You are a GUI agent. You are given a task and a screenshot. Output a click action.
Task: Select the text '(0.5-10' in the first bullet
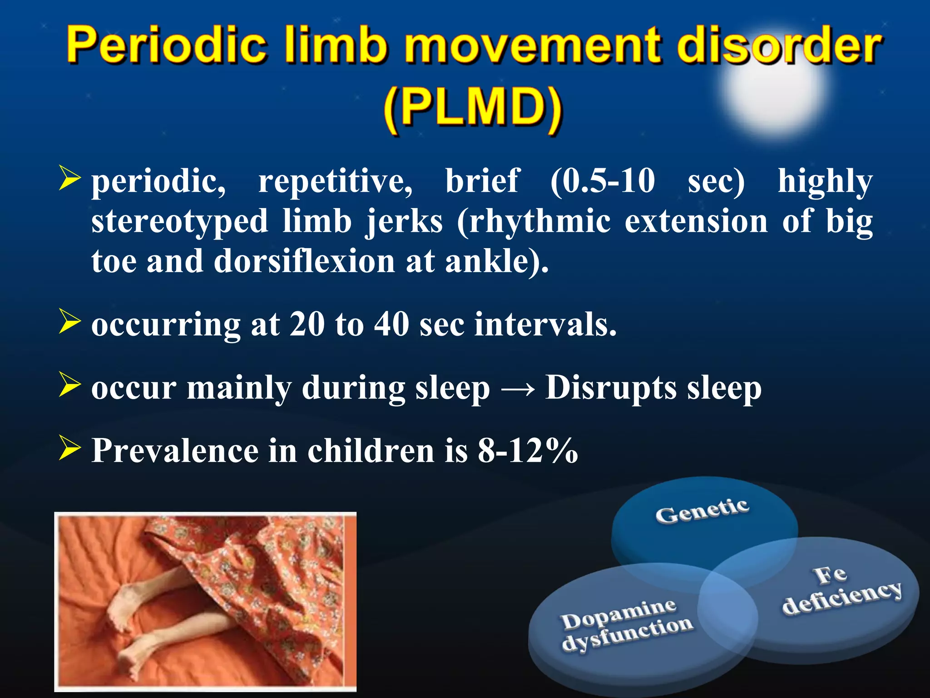tap(603, 181)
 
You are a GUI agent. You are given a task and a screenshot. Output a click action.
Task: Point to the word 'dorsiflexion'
tap(304, 262)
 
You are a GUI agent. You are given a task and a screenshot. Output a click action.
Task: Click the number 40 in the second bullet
tap(391, 324)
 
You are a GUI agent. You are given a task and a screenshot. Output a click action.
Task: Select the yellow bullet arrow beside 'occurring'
tap(69, 322)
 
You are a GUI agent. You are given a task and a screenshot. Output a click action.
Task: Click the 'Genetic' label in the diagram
tap(702, 511)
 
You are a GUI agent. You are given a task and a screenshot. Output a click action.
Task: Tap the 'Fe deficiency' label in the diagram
tap(840, 591)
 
